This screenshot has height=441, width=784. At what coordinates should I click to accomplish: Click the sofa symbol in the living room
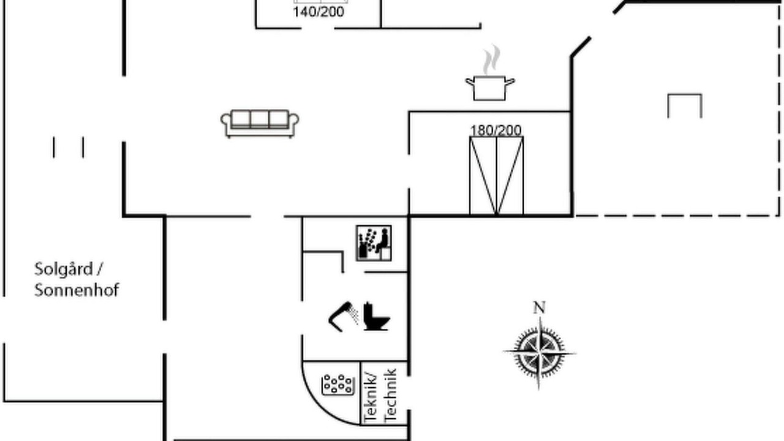coord(260,124)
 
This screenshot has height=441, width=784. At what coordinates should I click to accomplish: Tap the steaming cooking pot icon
coord(490,73)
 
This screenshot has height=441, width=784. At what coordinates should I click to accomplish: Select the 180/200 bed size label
coord(496,130)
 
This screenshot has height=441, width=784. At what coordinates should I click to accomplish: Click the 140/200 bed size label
coord(318,12)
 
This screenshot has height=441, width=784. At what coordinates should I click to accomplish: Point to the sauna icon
coord(374,243)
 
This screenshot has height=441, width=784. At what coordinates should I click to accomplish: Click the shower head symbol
coord(344,317)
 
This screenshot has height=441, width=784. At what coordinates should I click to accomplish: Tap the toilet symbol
coord(376,317)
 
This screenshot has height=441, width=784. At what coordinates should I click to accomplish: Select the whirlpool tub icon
coord(337,385)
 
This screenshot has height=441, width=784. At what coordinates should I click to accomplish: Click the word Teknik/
coord(371,398)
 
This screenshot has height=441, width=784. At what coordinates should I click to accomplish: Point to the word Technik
coord(390,396)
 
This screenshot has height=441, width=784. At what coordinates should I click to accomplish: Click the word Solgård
coord(64,269)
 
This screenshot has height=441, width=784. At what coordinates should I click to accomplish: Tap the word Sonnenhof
coord(77,290)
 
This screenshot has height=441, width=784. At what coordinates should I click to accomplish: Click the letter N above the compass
coord(540,307)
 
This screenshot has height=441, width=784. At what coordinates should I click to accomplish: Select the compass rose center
coord(540,352)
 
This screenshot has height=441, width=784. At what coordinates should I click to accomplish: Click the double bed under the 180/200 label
coord(496,176)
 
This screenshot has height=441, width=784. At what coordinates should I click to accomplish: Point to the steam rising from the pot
coord(491,59)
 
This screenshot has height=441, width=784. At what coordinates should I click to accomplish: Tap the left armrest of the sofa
coord(225,121)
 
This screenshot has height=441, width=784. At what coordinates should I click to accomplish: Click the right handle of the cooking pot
coord(510,82)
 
